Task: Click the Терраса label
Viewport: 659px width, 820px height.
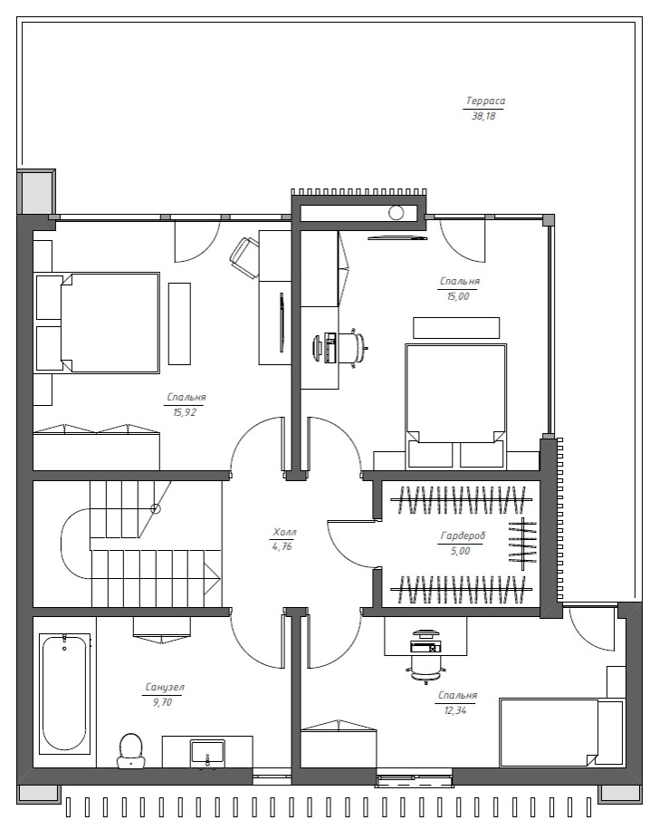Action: point(485,101)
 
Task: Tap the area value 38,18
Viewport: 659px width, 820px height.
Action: point(483,116)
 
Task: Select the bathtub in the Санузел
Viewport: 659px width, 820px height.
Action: point(64,693)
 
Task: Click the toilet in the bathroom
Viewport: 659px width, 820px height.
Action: point(130,750)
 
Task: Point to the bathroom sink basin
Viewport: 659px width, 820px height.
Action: point(207,751)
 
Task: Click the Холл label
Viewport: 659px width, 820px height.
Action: point(284,533)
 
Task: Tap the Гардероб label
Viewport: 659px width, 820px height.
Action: point(463,535)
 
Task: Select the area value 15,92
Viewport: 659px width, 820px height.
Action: point(185,412)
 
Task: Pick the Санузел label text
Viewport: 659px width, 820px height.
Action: point(165,687)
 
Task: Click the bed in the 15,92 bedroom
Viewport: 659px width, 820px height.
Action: point(97,323)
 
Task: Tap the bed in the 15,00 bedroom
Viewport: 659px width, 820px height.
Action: point(455,405)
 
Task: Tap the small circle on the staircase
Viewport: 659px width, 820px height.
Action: point(156,508)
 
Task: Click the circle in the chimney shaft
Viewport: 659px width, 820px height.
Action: point(396,213)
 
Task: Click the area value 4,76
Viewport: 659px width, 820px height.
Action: point(282,547)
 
